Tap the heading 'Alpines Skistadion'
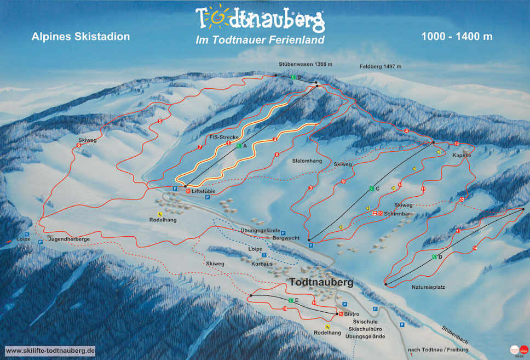81,37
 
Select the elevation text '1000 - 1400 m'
457,37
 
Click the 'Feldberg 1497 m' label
381,66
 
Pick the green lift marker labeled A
239,146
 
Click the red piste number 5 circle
160,121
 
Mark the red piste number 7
200,147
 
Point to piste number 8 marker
277,155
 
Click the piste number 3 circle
310,188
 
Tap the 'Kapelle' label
462,155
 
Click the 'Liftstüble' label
203,192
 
